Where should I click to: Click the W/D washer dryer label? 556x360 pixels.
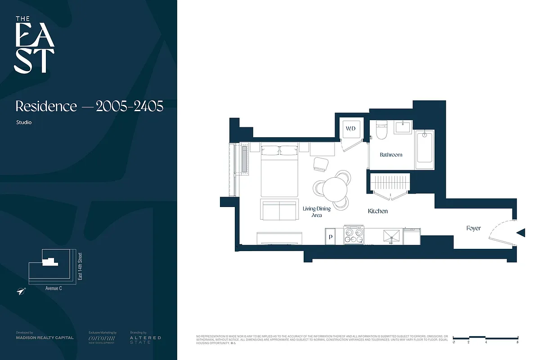pos(350,129)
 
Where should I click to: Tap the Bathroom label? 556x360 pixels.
pos(391,155)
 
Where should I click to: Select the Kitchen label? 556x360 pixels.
pos(378,211)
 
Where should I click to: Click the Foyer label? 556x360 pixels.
pos(473,228)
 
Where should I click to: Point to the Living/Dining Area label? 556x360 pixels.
pos(316,212)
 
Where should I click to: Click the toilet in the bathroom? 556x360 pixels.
pos(381,130)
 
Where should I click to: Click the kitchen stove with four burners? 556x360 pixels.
pos(354,235)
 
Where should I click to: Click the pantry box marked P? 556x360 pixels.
pos(331,236)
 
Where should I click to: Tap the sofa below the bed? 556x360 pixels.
pos(279,209)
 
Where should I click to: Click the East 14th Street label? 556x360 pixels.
pos(80,266)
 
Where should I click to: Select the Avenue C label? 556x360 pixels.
pos(54,288)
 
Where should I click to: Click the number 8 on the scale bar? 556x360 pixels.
pos(518,342)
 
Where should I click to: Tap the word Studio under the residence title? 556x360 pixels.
pos(24,122)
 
